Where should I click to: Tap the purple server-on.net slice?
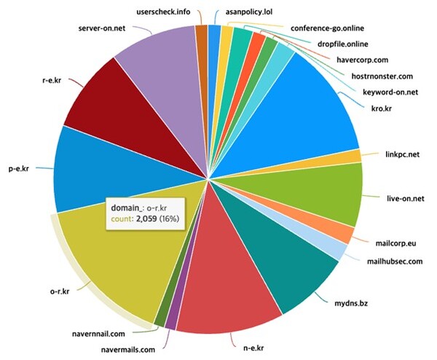pyautogui.click(x=157, y=62)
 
